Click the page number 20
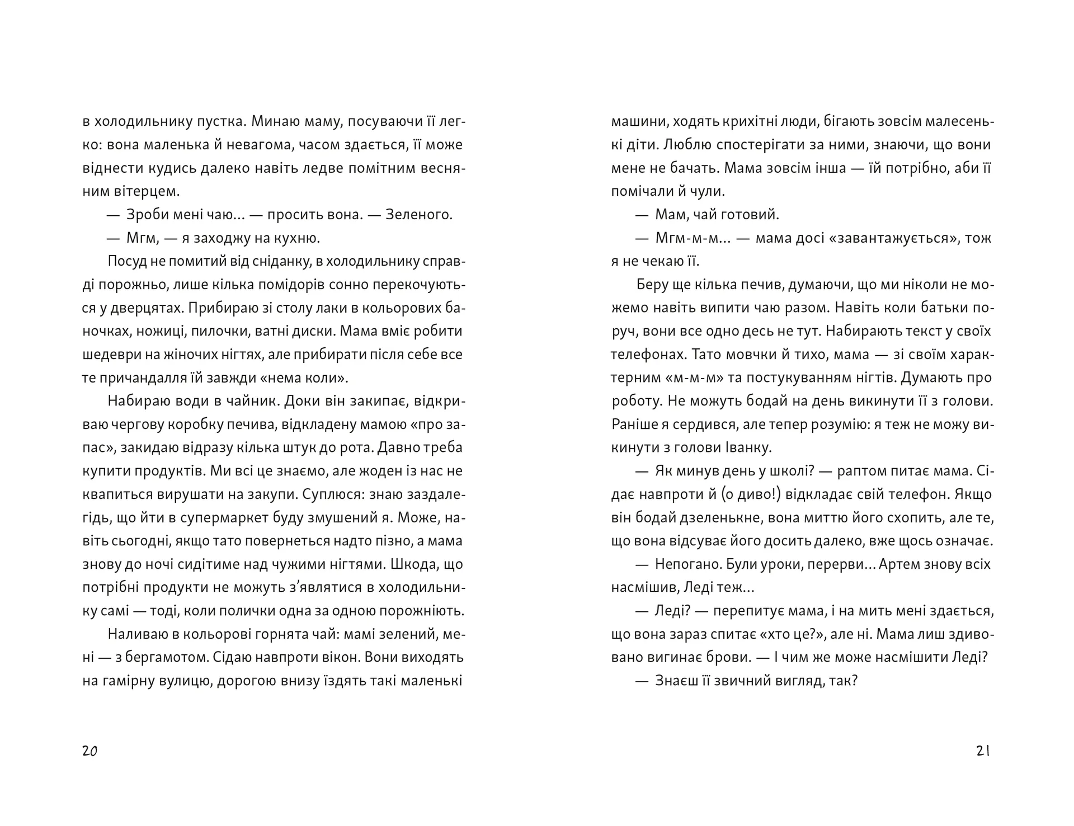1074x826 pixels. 90,751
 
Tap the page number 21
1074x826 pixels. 983,751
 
